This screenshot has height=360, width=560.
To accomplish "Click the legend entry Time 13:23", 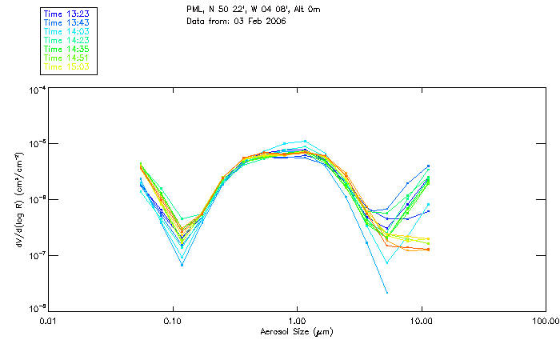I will pos(67,13).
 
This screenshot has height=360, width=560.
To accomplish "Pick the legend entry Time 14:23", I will pos(67,40).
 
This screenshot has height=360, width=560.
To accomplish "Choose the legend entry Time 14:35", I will pos(67,49).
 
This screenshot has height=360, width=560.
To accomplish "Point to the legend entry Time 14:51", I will pos(67,58).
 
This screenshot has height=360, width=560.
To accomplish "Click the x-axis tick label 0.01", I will pos(49,321).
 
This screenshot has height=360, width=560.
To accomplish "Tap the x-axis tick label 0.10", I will pos(173,321).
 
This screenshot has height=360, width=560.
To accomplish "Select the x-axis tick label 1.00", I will pos(297,321).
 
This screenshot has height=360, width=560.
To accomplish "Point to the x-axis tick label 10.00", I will pos(421,321).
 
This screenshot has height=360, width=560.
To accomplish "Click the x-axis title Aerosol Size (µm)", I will pos(296,331).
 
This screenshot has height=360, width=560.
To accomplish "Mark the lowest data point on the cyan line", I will pos(387,293).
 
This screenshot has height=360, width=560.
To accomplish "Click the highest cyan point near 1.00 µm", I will pos(305,141).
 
